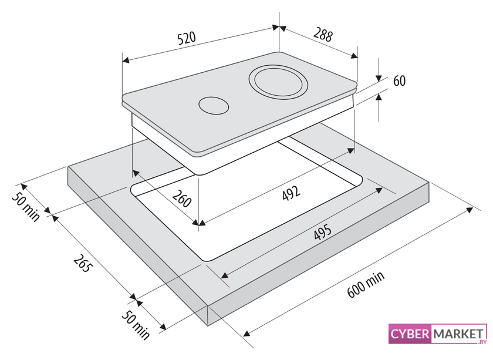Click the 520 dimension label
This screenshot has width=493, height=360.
[x=187, y=38]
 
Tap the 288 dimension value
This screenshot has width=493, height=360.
[x=323, y=35]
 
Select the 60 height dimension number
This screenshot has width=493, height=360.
[x=399, y=81]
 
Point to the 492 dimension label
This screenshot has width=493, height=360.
[x=291, y=193]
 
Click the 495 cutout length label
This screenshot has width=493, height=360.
[x=322, y=232]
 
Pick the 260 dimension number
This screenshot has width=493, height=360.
[x=182, y=198]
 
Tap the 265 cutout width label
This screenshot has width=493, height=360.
[x=83, y=263]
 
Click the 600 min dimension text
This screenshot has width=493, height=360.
[x=366, y=284]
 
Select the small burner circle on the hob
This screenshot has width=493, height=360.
[x=214, y=106]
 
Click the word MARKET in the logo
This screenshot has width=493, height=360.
[x=458, y=334]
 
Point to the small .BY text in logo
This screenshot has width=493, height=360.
[x=481, y=342]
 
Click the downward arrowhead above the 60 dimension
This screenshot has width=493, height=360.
[x=379, y=78]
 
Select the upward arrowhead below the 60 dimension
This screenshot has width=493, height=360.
[x=379, y=97]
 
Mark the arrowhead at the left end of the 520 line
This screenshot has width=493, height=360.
[x=126, y=60]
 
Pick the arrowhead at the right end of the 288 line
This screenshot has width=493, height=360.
[x=354, y=56]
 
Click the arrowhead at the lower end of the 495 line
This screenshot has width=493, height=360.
[x=224, y=275]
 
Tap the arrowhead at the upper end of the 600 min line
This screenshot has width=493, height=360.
[x=470, y=210]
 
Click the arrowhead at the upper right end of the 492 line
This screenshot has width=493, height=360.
[x=351, y=151]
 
